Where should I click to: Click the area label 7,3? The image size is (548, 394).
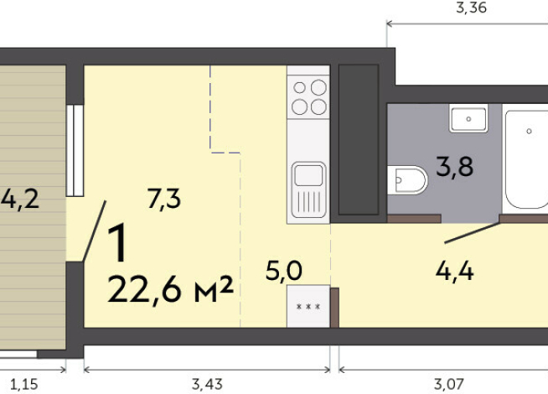click(164, 200)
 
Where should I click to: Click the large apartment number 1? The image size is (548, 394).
click(120, 244)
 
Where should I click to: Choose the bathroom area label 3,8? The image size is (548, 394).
click(454, 167)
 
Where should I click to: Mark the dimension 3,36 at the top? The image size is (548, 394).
click(471, 9)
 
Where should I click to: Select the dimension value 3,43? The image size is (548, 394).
click(207, 385)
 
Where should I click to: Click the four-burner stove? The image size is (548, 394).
click(308, 96)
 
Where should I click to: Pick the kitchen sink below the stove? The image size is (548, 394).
click(308, 189)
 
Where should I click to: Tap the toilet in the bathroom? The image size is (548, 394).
click(407, 179)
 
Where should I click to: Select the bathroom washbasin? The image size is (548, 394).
click(468, 118)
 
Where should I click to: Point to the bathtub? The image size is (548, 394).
click(526, 159)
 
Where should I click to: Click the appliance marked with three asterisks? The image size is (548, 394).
click(308, 307)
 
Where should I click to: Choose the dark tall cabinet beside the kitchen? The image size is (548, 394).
click(359, 141)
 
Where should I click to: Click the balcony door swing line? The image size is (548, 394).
click(95, 231)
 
